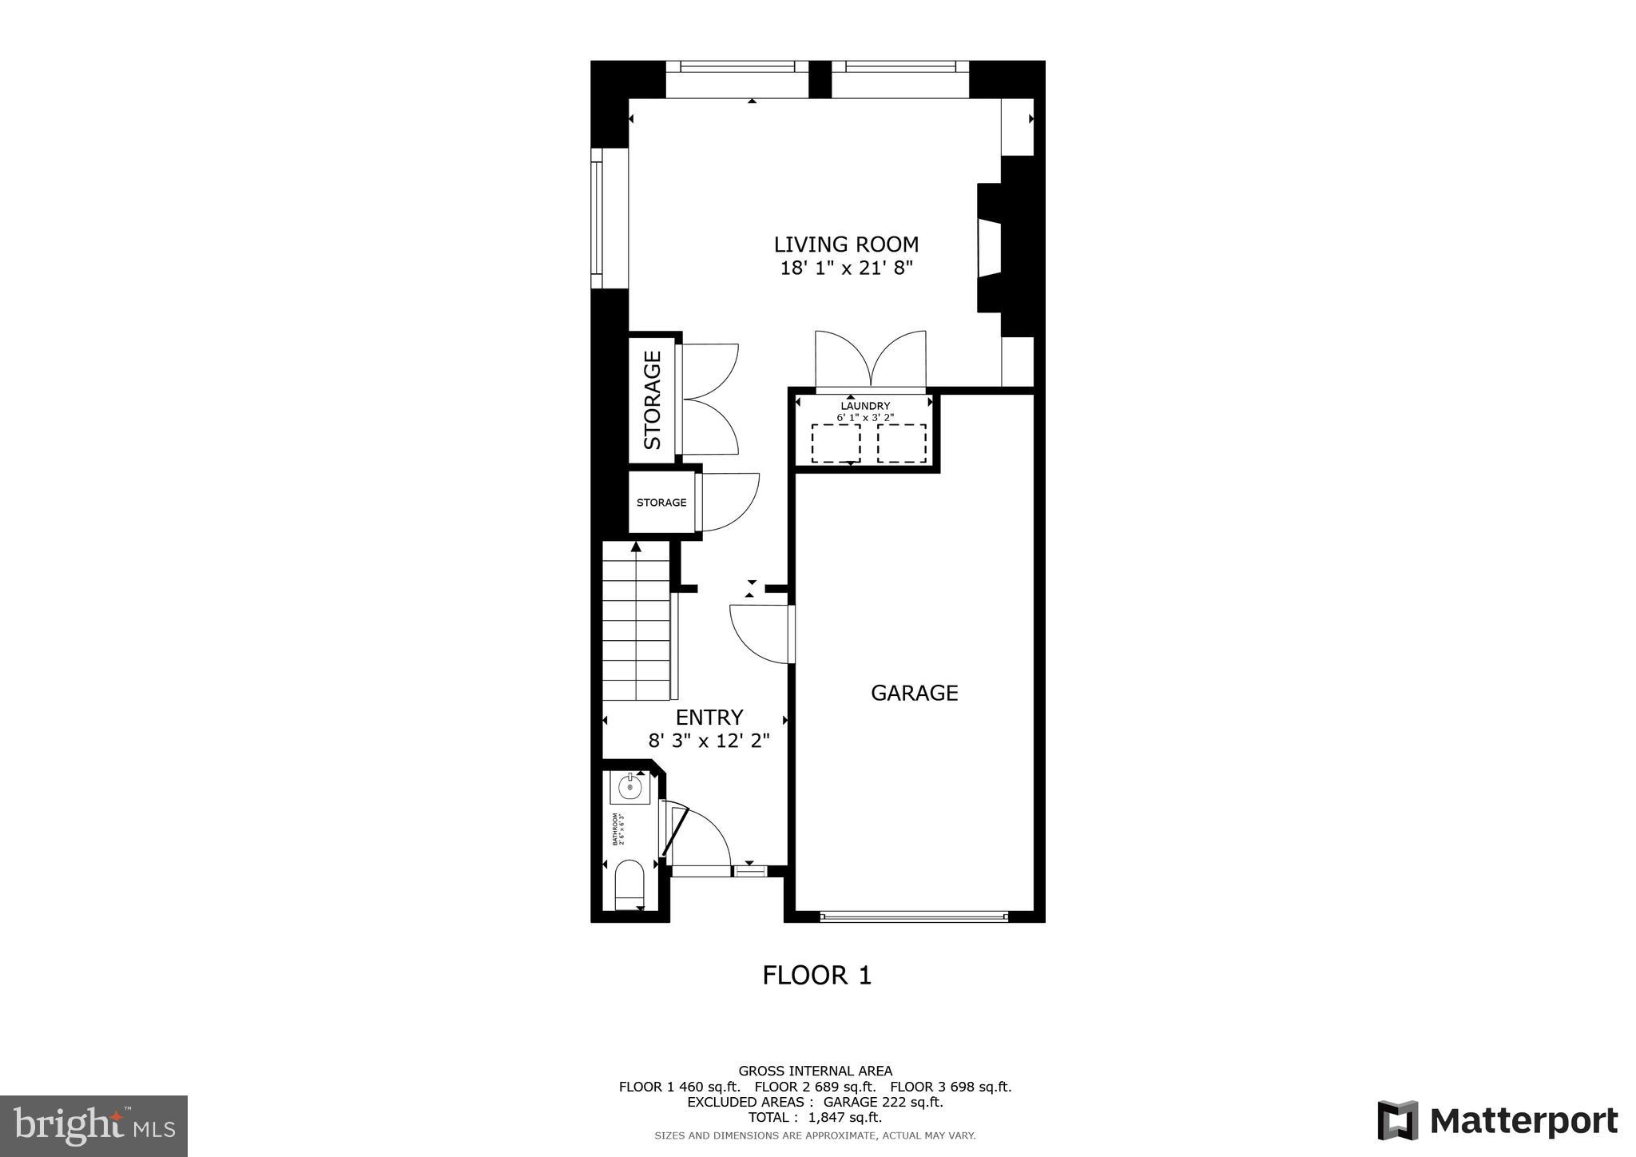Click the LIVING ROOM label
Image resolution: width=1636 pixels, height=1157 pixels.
846,245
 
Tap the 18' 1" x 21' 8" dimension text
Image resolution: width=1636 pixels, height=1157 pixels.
846,268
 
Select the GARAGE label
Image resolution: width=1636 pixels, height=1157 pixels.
914,693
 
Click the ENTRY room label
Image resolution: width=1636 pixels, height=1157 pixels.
709,717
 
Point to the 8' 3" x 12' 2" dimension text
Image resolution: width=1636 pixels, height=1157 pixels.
709,741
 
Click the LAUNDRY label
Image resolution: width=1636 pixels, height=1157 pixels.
864,406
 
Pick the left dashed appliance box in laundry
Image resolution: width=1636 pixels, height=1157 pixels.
836,443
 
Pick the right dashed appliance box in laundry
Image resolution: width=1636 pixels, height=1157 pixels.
901,443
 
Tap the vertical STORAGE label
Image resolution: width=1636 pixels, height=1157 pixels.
653,400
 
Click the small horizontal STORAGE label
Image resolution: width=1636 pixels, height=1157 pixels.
661,503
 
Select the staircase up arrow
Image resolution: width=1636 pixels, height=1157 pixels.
636,548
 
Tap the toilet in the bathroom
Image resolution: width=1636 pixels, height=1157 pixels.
629,884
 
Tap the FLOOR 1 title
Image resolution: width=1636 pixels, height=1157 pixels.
816,976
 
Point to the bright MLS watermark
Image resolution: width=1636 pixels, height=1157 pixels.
93,1126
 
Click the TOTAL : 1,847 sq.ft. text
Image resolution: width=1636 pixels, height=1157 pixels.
815,1118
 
